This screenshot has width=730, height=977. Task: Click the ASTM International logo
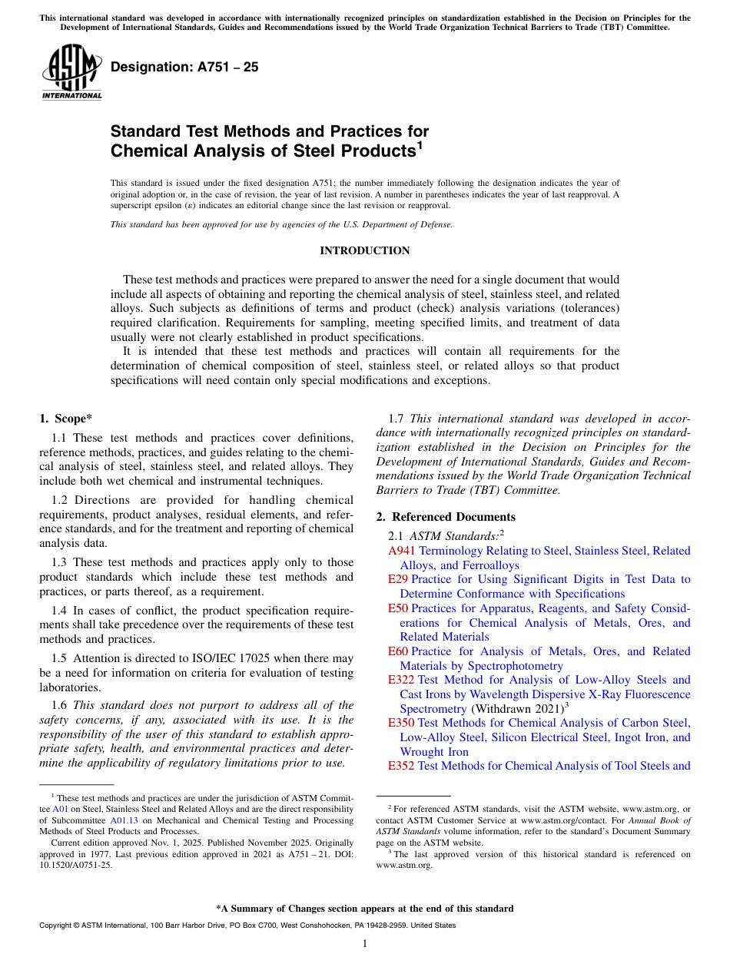click(71, 72)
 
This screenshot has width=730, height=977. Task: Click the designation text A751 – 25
click(184, 68)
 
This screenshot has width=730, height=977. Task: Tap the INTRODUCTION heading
click(365, 251)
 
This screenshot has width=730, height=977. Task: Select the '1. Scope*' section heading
click(65, 419)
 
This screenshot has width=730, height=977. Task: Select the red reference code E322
click(401, 680)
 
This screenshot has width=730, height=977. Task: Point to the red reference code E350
click(401, 723)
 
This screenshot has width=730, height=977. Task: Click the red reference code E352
click(401, 766)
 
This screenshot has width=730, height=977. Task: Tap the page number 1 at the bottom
click(365, 944)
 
